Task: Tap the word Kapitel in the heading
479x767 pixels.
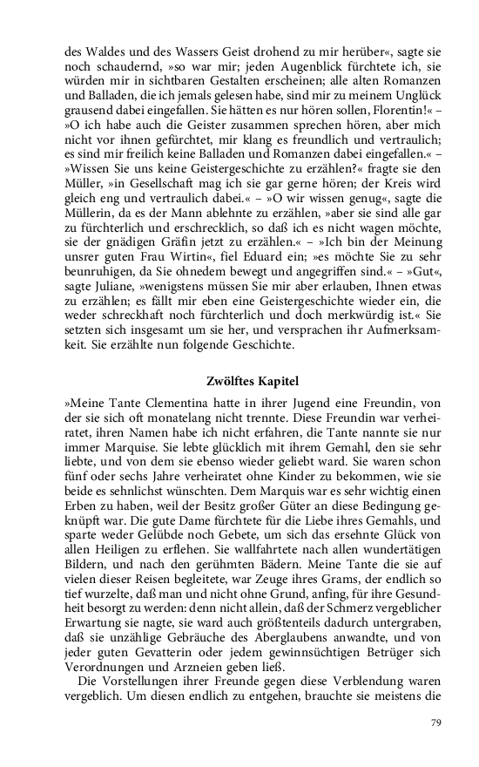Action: [277, 382]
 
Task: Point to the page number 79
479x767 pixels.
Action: [436, 723]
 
